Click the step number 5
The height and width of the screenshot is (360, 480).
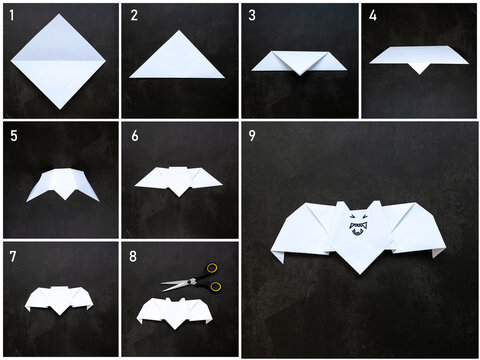[x=11, y=134]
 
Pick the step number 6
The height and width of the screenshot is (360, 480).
[x=133, y=134]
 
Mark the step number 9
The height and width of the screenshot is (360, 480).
[x=252, y=134]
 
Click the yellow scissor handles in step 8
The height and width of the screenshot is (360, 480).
[x=212, y=277]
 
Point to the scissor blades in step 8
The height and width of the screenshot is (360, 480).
[x=176, y=284]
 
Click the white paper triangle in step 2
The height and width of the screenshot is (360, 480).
[x=178, y=57]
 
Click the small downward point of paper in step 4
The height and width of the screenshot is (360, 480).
[x=419, y=67]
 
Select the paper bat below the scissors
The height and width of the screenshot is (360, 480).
[x=178, y=308]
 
